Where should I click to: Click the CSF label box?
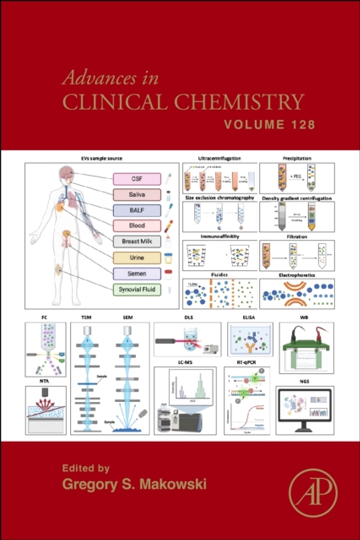point(137,179)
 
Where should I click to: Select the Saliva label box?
point(137,195)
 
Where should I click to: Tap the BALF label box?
point(137,210)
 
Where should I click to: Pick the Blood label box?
point(137,226)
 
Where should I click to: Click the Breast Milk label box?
point(137,242)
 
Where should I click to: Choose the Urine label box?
point(137,258)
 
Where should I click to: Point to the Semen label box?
point(137,273)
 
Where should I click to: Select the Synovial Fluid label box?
point(137,289)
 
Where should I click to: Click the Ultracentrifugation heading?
point(220,159)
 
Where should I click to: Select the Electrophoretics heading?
point(297,274)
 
